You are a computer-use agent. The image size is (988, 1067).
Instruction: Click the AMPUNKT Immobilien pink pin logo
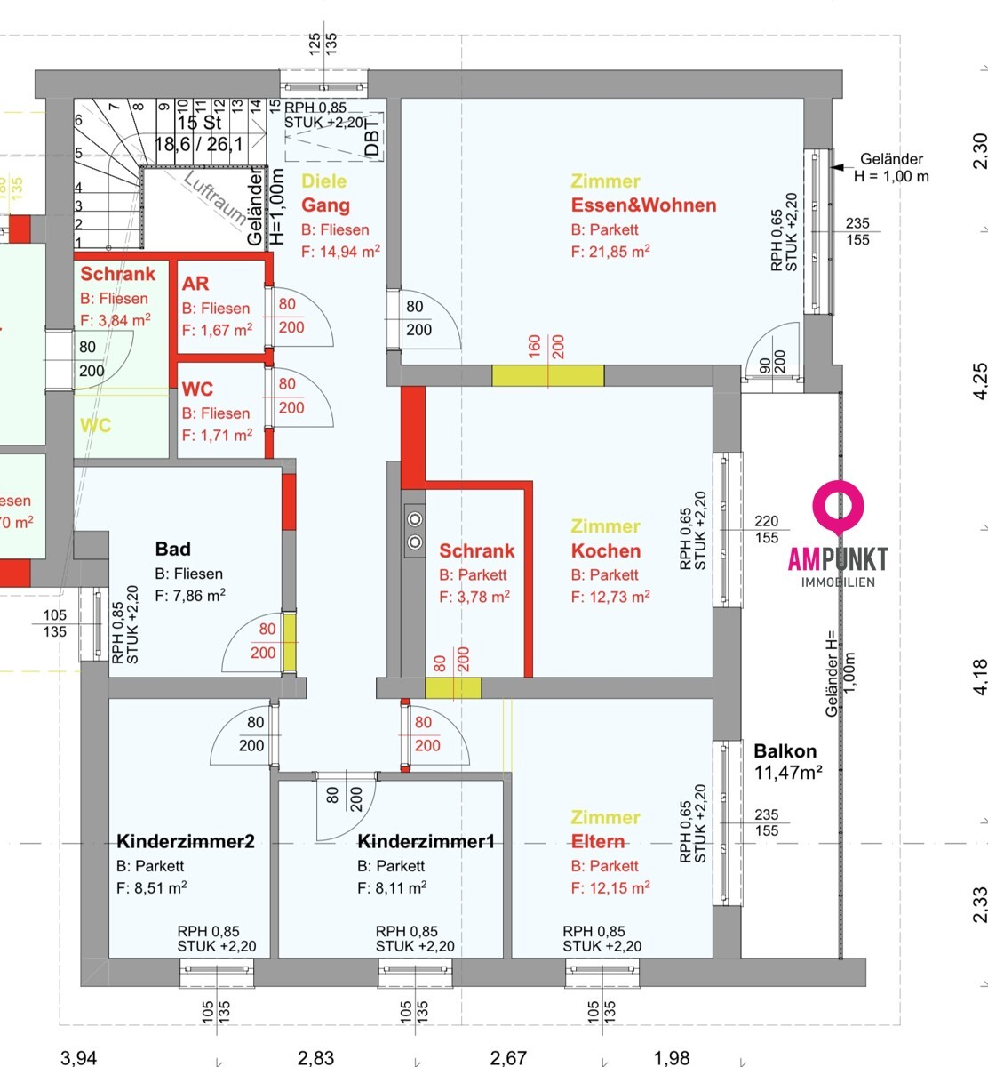(x=838, y=505)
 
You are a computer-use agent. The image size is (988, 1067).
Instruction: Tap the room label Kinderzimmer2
(x=186, y=841)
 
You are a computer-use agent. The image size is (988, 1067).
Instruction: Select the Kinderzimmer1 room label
(x=426, y=841)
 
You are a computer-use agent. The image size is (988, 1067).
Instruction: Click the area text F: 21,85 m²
(x=610, y=252)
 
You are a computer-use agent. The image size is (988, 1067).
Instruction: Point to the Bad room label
(x=172, y=550)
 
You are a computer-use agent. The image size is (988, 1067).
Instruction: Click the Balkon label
(x=785, y=751)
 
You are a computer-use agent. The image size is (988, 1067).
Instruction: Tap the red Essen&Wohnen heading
(x=643, y=205)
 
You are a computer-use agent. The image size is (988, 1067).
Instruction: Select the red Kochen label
(x=606, y=550)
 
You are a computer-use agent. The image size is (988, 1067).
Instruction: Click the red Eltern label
(x=598, y=841)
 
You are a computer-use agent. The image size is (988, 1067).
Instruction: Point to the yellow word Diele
(x=324, y=181)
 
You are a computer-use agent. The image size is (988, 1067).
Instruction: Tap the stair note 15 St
(x=200, y=123)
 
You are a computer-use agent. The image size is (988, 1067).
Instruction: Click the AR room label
(x=195, y=284)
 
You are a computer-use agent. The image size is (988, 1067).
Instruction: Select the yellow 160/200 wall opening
(x=548, y=374)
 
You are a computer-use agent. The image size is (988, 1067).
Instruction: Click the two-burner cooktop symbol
(x=415, y=530)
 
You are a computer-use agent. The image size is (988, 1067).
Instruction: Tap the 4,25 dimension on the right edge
(x=978, y=380)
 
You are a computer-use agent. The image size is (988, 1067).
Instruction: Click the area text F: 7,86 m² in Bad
(x=189, y=596)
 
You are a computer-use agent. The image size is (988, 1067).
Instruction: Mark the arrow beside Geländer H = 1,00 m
(x=839, y=165)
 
